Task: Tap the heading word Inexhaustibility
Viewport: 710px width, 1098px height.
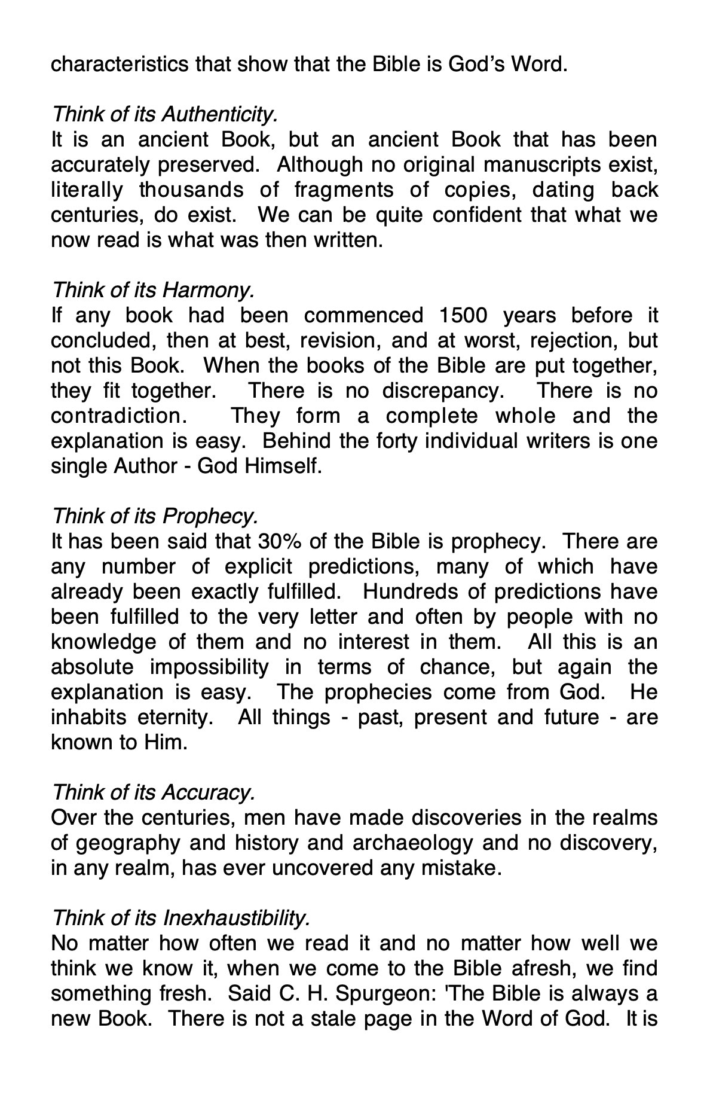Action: [237, 917]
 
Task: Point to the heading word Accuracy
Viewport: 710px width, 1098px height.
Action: [209, 792]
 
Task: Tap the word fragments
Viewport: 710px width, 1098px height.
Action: [344, 190]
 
